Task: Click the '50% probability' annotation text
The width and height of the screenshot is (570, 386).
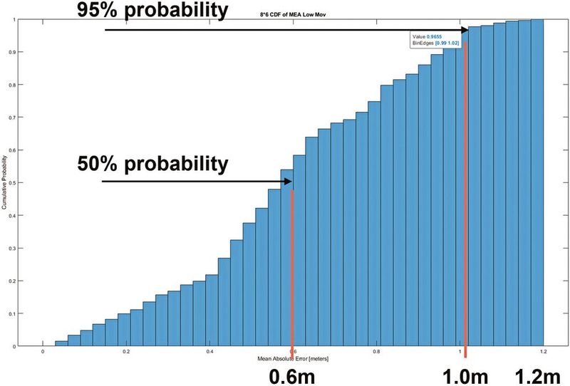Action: pyautogui.click(x=152, y=163)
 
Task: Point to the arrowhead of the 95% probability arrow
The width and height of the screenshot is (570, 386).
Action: pyautogui.click(x=464, y=30)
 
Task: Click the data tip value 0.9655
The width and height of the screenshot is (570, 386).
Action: pyautogui.click(x=434, y=37)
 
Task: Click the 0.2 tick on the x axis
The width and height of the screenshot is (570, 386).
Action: pyautogui.click(x=126, y=351)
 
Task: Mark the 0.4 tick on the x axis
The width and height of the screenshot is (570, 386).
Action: pyautogui.click(x=209, y=351)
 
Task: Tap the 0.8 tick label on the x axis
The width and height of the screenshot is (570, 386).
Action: pyautogui.click(x=376, y=351)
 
